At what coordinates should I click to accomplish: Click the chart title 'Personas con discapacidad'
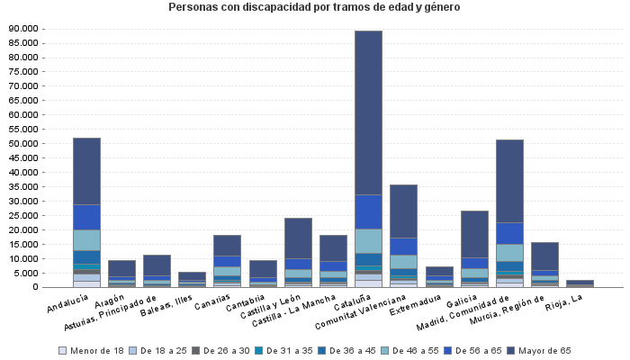coord(314,8)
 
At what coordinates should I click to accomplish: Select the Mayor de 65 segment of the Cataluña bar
coord(368,112)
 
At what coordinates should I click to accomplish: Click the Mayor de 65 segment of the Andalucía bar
coord(86,171)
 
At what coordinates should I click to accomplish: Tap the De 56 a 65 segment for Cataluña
coord(368,211)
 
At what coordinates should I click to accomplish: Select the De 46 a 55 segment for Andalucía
coord(86,240)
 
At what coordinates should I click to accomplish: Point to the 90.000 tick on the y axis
coord(23,29)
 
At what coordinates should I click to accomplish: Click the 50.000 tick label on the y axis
coord(23,144)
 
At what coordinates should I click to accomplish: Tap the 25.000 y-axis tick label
coord(23,216)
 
